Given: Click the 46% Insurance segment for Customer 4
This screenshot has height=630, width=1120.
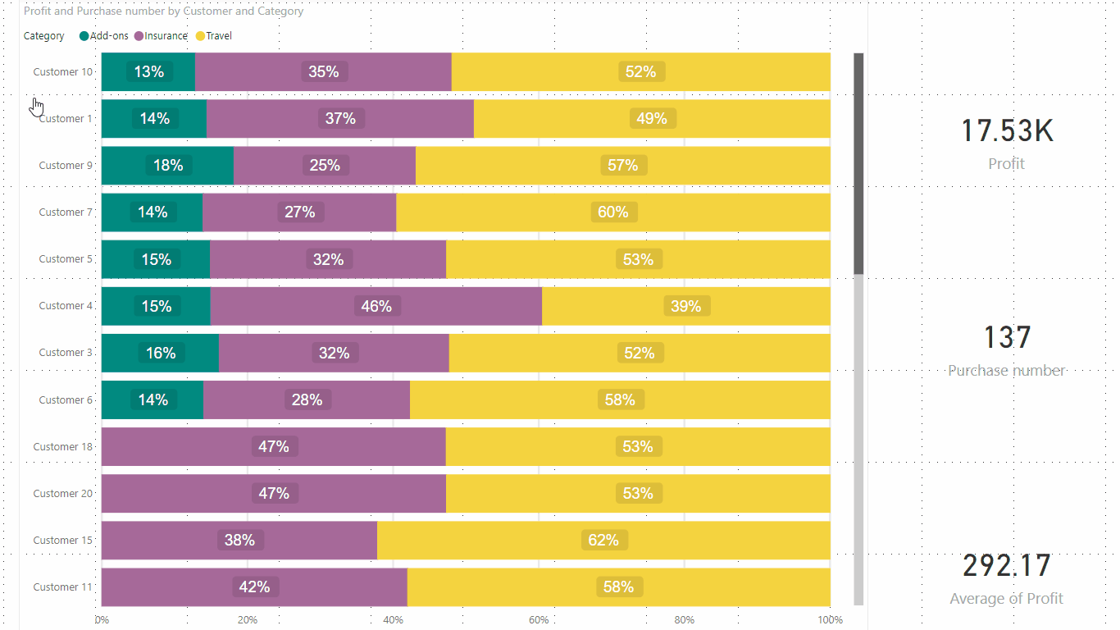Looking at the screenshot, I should click(x=376, y=306).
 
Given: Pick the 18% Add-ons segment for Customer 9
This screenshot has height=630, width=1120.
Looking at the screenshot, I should click(x=168, y=166).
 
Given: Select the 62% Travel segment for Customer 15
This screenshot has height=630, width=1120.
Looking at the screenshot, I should click(x=603, y=541).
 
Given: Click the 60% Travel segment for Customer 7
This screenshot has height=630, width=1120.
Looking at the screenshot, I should click(x=613, y=212).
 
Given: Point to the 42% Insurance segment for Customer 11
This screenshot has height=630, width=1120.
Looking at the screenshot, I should click(x=254, y=587).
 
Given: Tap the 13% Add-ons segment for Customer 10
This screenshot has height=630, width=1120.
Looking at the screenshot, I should click(x=148, y=72).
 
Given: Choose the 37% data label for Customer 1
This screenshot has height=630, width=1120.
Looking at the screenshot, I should click(x=340, y=119).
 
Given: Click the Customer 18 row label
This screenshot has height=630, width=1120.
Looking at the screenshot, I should click(x=62, y=447).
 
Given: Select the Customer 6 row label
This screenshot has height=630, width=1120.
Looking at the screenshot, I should click(x=66, y=400).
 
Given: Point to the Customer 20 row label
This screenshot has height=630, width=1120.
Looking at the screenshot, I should click(x=62, y=494).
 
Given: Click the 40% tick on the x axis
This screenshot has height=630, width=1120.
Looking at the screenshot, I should click(x=393, y=620).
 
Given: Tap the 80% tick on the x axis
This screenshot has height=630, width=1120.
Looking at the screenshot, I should click(x=685, y=620).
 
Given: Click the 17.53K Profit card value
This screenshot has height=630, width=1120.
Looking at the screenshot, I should click(x=1006, y=131).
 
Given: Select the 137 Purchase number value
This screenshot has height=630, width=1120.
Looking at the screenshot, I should click(x=1006, y=338).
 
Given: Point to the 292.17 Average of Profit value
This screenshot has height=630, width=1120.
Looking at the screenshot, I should click(x=1006, y=566).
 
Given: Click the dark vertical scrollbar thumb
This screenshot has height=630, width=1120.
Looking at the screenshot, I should click(x=858, y=164).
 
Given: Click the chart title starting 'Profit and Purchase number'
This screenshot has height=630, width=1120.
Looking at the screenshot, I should click(x=163, y=11).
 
